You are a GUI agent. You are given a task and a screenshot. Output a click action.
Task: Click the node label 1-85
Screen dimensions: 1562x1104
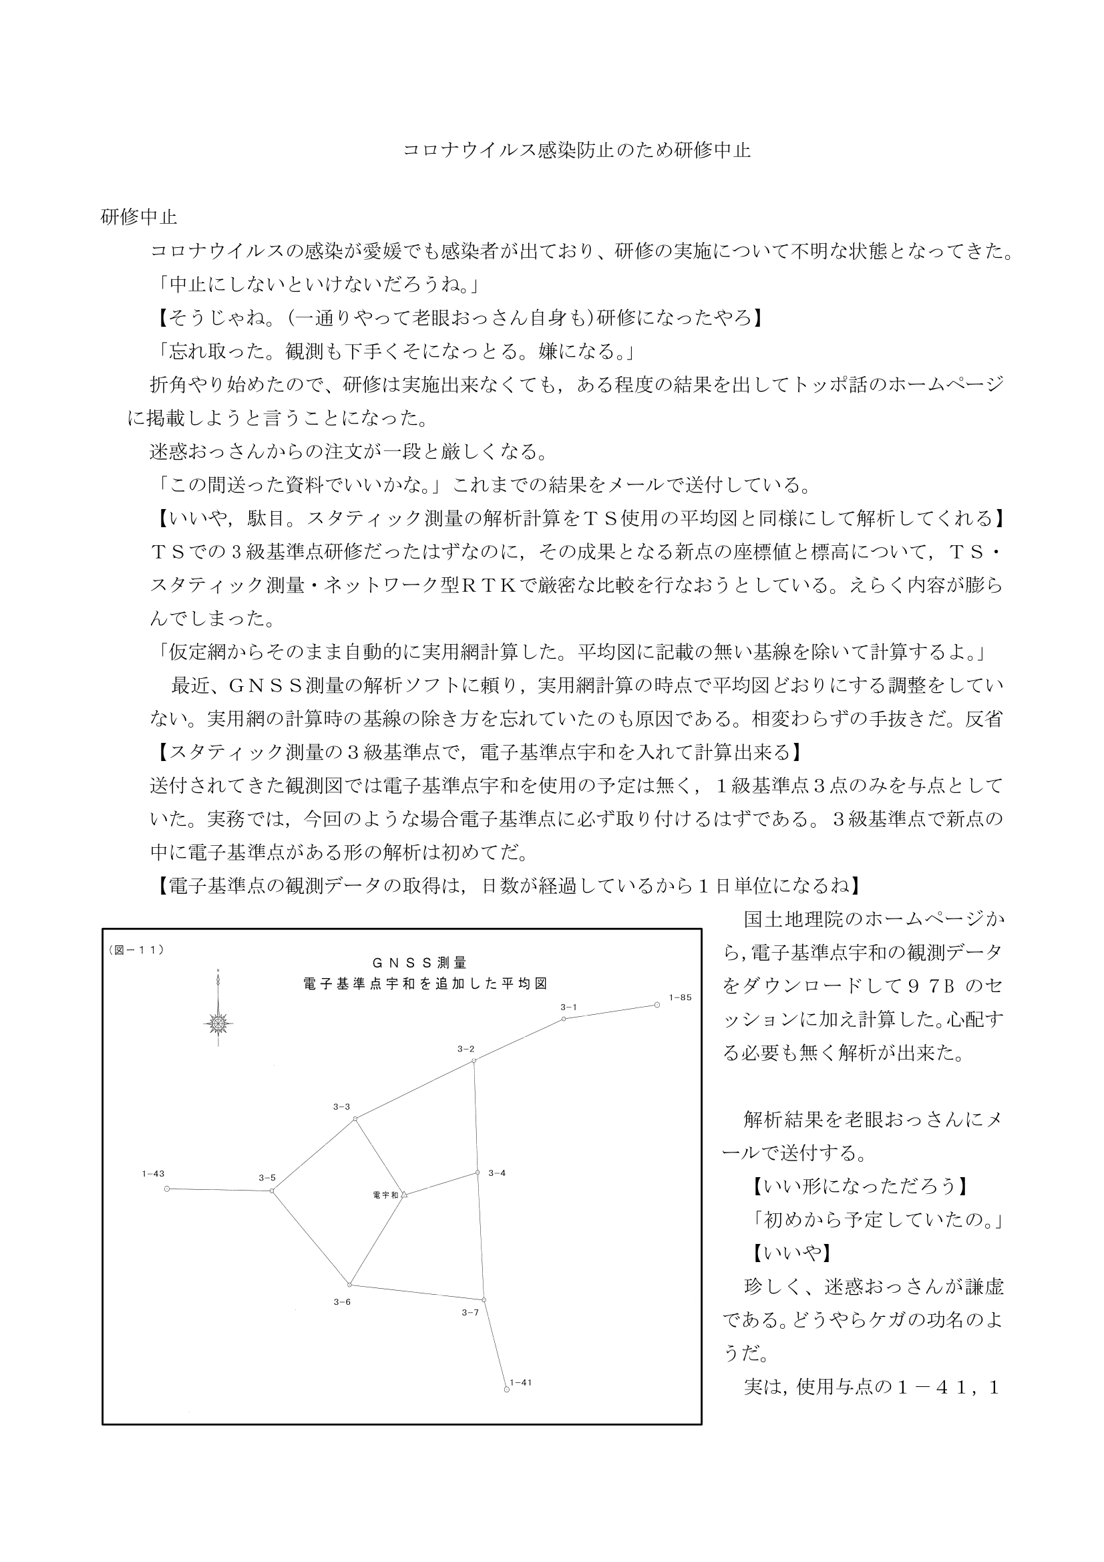pos(679,997)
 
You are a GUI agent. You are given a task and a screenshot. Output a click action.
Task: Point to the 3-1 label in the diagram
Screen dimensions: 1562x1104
pos(568,1007)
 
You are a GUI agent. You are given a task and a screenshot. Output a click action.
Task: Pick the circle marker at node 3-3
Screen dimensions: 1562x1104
pos(355,1118)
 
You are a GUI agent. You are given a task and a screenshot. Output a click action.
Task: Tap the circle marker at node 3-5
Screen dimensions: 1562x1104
pos(272,1191)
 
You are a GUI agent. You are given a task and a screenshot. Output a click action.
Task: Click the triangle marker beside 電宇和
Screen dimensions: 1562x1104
pos(403,1194)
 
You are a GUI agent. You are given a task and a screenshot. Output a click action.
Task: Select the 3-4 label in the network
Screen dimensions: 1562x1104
pos(496,1173)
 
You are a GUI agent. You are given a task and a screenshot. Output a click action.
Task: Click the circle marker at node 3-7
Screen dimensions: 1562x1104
pos(484,1299)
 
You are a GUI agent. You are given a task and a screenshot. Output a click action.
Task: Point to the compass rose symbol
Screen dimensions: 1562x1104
pos(218,1022)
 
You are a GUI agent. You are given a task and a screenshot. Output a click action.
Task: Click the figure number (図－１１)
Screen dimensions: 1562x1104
pos(136,951)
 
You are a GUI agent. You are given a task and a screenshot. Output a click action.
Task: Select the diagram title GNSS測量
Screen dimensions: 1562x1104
pos(419,963)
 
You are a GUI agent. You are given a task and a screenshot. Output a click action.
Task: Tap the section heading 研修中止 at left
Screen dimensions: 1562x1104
pos(139,218)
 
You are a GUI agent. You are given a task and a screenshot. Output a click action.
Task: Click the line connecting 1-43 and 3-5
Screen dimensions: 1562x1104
pos(219,1190)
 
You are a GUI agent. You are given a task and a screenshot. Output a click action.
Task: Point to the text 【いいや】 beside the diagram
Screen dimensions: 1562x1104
pos(788,1253)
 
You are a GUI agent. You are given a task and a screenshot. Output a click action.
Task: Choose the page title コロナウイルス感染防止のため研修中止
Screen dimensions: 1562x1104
pos(577,150)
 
